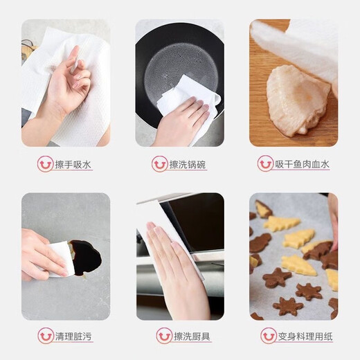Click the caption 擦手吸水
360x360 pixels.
point(74,164)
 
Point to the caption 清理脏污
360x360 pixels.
point(74,336)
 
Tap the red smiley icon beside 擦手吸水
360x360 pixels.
point(45,164)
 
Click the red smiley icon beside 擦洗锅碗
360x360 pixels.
point(160,164)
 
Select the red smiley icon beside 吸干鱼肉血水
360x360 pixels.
point(265,164)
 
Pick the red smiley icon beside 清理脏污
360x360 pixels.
point(45,336)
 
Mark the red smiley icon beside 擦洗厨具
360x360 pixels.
point(164,336)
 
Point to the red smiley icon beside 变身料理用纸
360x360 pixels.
point(269,336)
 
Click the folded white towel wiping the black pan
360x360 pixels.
point(187,97)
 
